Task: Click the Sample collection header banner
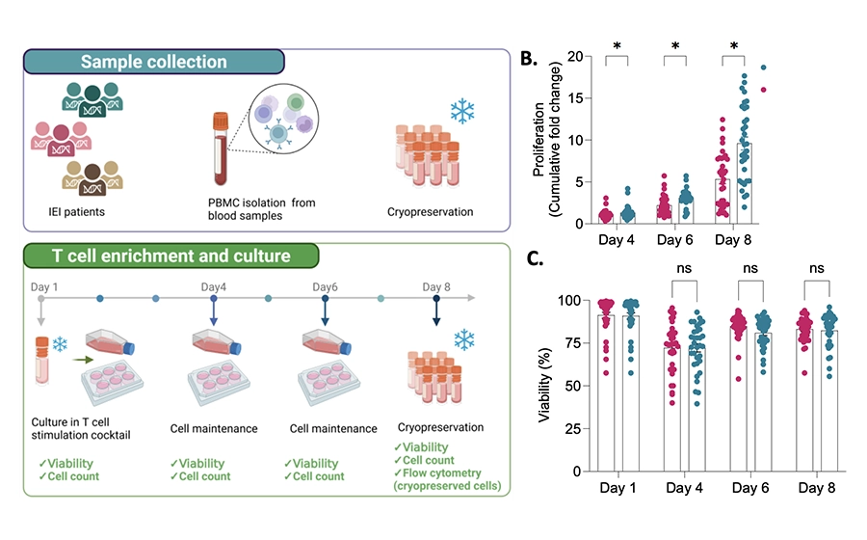[x=154, y=62]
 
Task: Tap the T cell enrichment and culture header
[x=171, y=256]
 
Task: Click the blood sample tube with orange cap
[x=221, y=148]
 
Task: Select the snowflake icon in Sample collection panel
[x=462, y=111]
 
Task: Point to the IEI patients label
[x=76, y=211]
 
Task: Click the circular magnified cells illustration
[x=283, y=119]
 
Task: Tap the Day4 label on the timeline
[x=214, y=286]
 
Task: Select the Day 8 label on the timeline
[x=436, y=286]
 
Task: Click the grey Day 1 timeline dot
[x=40, y=298]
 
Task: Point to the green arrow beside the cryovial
[x=83, y=360]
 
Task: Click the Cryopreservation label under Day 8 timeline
[x=440, y=427]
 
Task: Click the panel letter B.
[x=529, y=58]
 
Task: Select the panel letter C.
[x=535, y=257]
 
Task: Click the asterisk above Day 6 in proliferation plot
[x=675, y=46]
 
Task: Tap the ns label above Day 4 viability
[x=684, y=268]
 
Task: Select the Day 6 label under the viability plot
[x=750, y=487]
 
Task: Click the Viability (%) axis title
[x=544, y=385]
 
